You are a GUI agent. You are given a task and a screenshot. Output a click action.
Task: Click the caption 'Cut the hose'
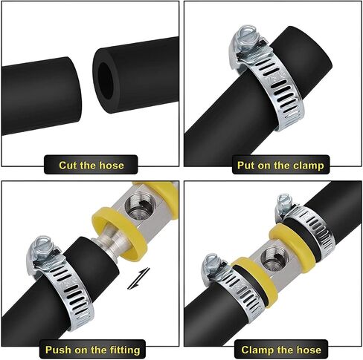point(91,165)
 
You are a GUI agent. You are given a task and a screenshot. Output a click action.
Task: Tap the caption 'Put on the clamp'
point(280,165)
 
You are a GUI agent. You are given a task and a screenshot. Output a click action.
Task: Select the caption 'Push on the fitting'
point(92,350)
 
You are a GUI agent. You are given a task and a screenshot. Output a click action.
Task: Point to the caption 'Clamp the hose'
point(281,350)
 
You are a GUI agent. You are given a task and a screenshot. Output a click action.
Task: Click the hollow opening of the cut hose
point(106,81)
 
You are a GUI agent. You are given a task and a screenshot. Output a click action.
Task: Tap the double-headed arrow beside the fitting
point(138,278)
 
